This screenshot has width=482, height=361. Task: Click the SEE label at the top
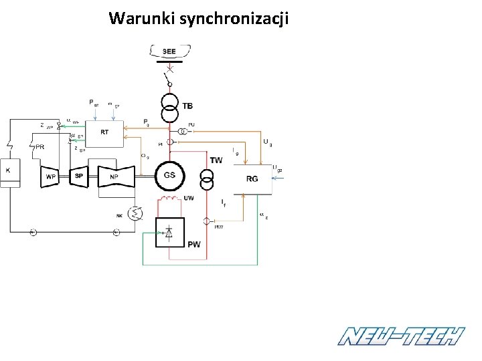pyautogui.click(x=169, y=51)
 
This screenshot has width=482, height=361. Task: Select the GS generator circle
pyautogui.click(x=169, y=175)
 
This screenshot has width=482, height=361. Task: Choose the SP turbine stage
pyautogui.click(x=79, y=176)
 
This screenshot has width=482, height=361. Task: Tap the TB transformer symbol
pyautogui.click(x=170, y=107)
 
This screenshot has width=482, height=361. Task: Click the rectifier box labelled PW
pyautogui.click(x=170, y=233)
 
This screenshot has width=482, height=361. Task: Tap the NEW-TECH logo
pyautogui.click(x=401, y=336)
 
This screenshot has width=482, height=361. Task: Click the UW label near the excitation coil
pyautogui.click(x=189, y=198)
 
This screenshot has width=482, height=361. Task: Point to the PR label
pyautogui.click(x=41, y=146)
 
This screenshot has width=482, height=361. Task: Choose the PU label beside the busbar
pyautogui.click(x=191, y=125)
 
